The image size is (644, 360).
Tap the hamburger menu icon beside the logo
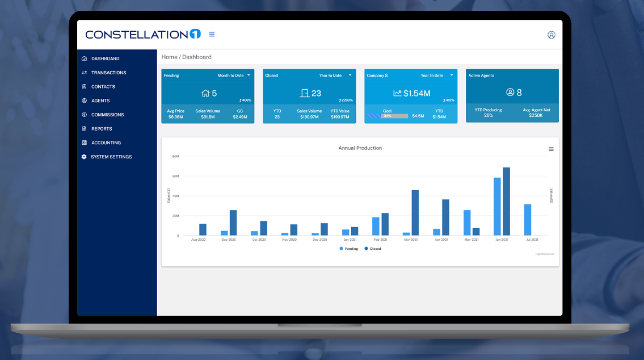coord(212,34)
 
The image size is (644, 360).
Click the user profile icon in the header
coord(551,35)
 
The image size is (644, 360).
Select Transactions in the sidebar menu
coord(108,73)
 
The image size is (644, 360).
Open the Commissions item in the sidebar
coord(107,115)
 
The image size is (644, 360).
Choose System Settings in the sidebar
coord(111,157)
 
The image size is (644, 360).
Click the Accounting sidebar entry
coord(106,143)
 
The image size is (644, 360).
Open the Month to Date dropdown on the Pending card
coord(234,75)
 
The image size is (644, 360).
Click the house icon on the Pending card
coord(205,93)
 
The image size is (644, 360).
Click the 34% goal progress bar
coord(388,116)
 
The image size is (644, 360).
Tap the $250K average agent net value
coord(536,115)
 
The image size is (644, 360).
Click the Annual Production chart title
coord(360,148)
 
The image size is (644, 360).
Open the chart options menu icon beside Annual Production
coord(551,149)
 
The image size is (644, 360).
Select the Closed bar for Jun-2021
coord(507,202)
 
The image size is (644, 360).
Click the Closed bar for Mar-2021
coord(415,213)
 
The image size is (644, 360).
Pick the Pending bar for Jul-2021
coord(528,220)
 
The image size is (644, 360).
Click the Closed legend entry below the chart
coord(373,249)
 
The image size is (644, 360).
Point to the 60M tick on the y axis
coord(175,176)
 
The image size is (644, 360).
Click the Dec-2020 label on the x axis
coord(319,240)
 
